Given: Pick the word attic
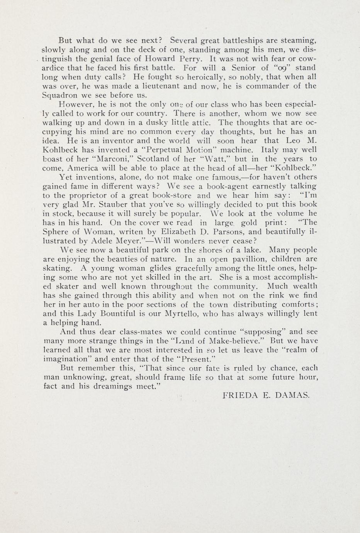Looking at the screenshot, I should point(199,122).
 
